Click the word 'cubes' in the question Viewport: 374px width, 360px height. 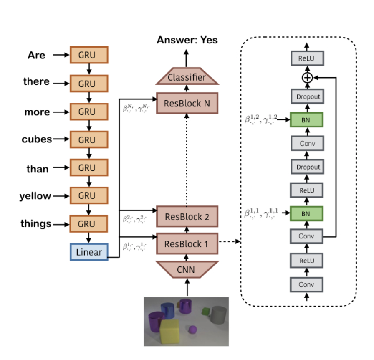(37, 139)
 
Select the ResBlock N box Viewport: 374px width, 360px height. (187, 103)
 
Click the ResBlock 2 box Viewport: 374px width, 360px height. (187, 216)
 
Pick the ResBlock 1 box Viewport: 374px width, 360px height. (187, 243)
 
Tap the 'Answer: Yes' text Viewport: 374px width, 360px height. (187, 41)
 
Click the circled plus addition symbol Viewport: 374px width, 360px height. (307, 78)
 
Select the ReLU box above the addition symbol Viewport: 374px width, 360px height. (307, 59)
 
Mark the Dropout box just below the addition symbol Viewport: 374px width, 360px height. (307, 97)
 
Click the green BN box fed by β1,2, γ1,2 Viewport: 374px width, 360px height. (307, 120)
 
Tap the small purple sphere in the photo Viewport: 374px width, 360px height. (192, 330)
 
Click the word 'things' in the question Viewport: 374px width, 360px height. (36, 224)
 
